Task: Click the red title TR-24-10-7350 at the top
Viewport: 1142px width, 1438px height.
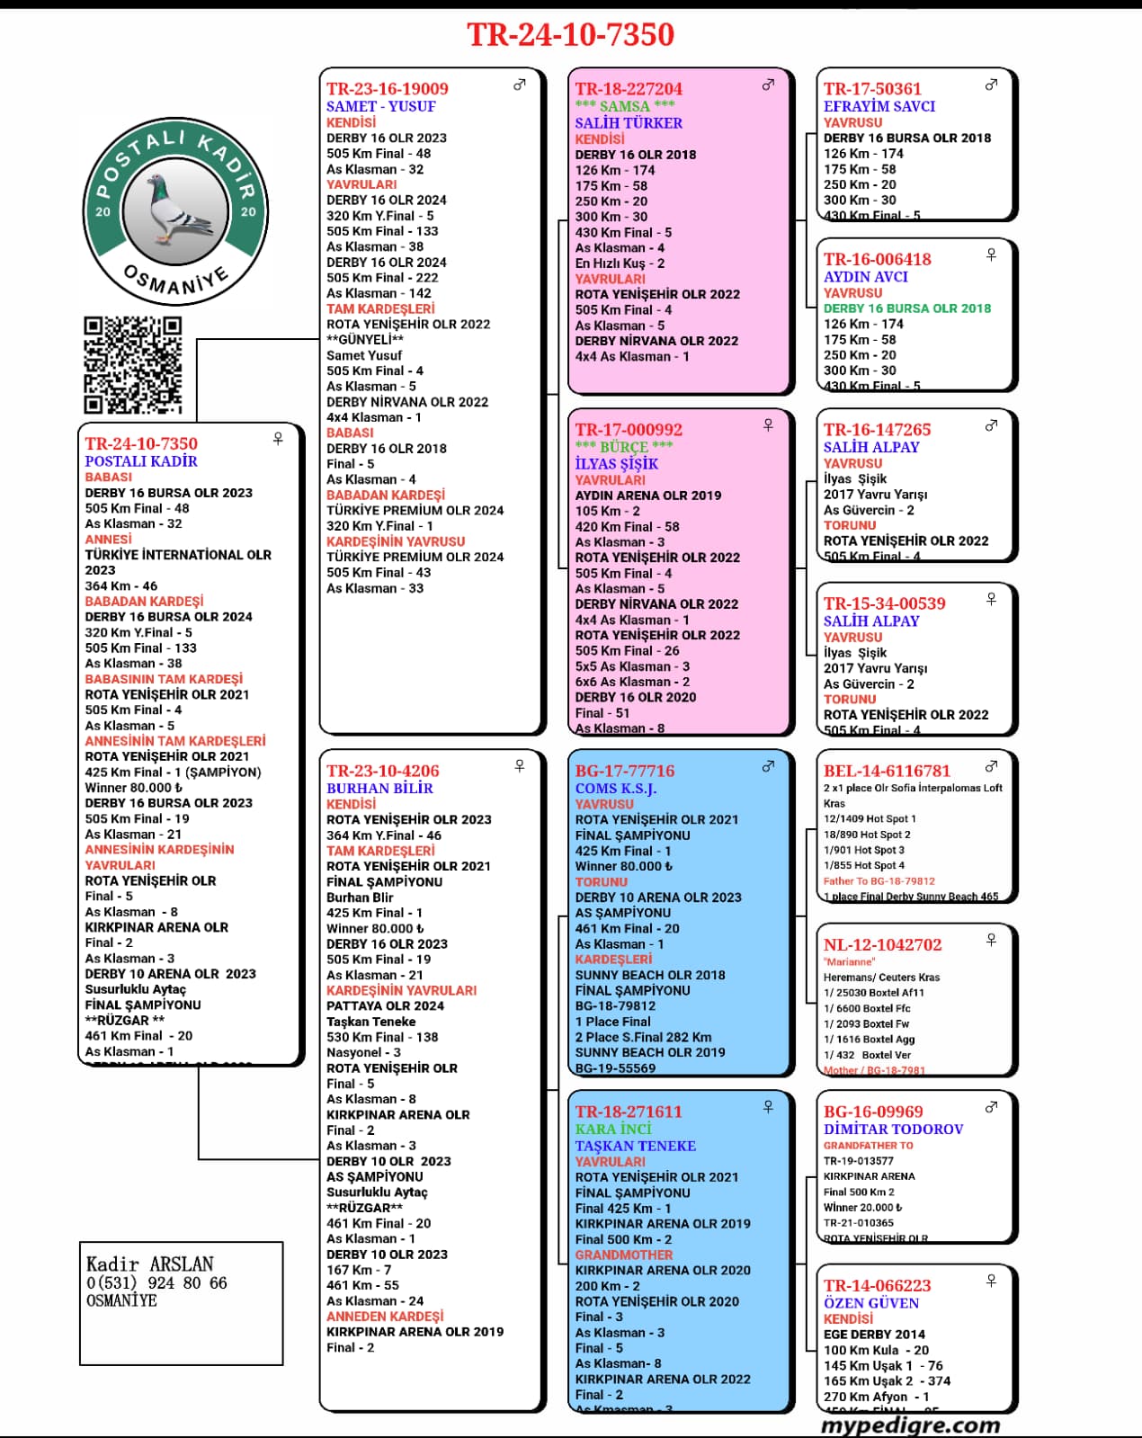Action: point(570,34)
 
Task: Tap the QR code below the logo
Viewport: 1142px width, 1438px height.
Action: point(133,365)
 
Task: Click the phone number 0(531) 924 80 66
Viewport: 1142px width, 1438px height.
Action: point(156,1283)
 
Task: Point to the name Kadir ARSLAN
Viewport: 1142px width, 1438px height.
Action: point(149,1264)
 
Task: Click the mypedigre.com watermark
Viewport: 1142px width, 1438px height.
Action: point(910,1425)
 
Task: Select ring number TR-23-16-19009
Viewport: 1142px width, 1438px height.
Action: point(388,88)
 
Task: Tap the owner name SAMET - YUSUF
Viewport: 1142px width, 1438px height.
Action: point(380,106)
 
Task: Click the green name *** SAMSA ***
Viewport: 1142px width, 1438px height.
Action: point(624,106)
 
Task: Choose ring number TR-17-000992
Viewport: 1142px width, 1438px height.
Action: point(629,430)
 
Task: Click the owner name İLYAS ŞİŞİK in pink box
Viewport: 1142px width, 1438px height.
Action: point(617,464)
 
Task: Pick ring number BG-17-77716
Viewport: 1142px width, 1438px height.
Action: point(625,771)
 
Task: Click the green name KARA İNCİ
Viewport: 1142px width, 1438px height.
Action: point(613,1129)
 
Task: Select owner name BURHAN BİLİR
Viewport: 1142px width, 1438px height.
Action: point(379,789)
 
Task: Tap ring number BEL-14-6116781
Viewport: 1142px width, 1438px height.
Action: point(887,771)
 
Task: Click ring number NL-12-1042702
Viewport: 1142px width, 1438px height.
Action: point(883,944)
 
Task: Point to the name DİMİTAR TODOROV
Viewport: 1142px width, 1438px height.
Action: point(893,1129)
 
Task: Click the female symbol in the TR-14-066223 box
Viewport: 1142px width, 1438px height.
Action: point(991,1280)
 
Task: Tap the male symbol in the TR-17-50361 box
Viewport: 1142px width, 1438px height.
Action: point(991,85)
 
